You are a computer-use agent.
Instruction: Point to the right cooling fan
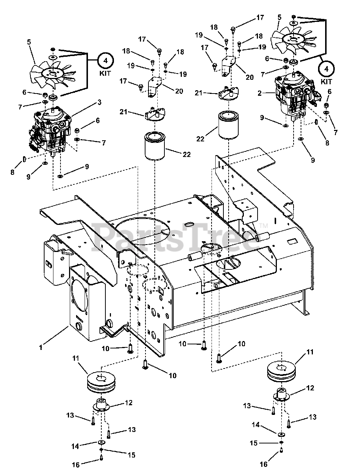point(293,39)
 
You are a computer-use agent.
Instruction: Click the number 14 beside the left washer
point(75,446)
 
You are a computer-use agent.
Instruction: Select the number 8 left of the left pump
point(12,173)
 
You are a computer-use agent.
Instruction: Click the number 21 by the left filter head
point(124,111)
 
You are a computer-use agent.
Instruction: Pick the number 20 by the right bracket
point(249,77)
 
